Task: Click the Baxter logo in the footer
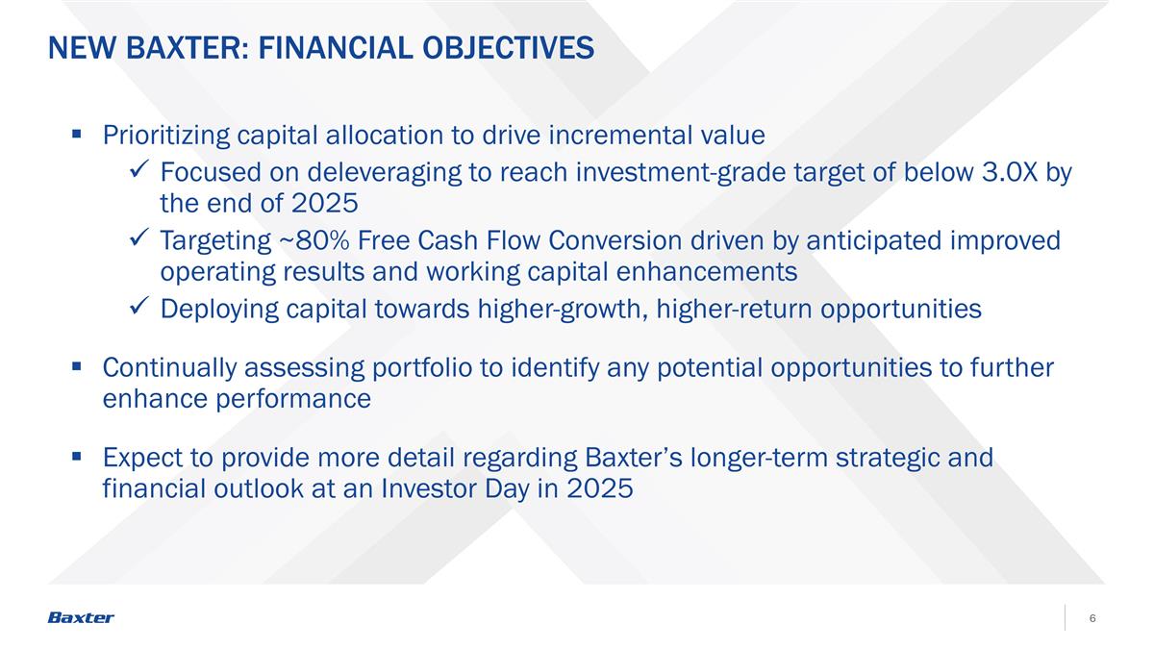click(x=81, y=617)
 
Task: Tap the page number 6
click(x=1093, y=617)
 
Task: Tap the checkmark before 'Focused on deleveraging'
click(x=138, y=172)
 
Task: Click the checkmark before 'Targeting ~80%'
click(x=138, y=240)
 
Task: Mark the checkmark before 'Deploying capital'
click(x=138, y=309)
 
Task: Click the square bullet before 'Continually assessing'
click(x=77, y=368)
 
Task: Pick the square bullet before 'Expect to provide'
click(x=77, y=458)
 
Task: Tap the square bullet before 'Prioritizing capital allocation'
click(x=77, y=136)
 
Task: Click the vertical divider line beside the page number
click(x=1066, y=617)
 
